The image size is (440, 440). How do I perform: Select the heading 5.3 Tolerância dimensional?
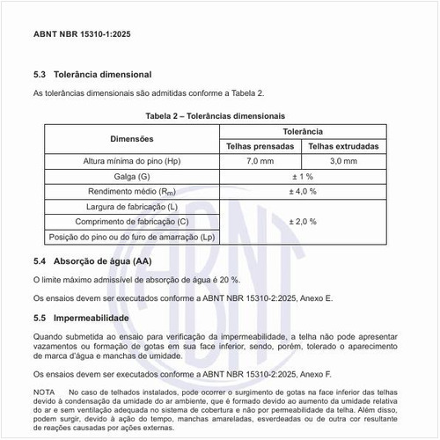(x=92, y=75)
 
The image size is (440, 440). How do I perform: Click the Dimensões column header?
(x=132, y=138)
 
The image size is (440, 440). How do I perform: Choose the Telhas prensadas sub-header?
(x=260, y=146)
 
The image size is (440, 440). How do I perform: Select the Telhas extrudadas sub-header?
(x=343, y=146)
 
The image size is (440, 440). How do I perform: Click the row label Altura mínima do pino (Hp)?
(x=131, y=161)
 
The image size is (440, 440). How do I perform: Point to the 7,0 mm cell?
(x=260, y=161)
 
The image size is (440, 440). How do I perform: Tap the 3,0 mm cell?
(x=343, y=161)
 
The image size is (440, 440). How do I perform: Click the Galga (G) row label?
(x=132, y=176)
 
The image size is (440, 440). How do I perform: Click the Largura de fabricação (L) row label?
(x=132, y=207)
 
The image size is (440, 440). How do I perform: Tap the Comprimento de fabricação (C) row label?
(x=132, y=222)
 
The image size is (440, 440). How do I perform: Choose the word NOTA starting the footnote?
(x=44, y=391)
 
